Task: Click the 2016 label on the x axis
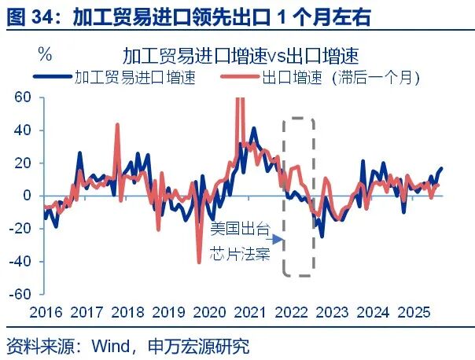pos(45,312)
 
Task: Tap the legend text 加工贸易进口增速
pos(134,78)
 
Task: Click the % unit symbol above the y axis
pos(45,55)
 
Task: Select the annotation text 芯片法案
pos(240,255)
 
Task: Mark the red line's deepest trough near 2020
pos(200,262)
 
